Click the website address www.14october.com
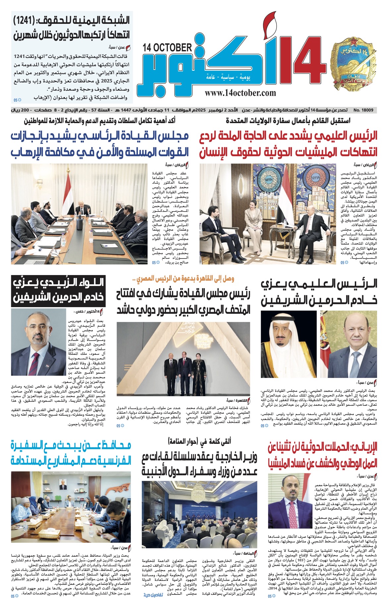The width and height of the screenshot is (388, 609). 240,93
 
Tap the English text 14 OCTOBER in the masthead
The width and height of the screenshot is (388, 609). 168,48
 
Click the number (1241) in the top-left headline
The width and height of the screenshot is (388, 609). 30,20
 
